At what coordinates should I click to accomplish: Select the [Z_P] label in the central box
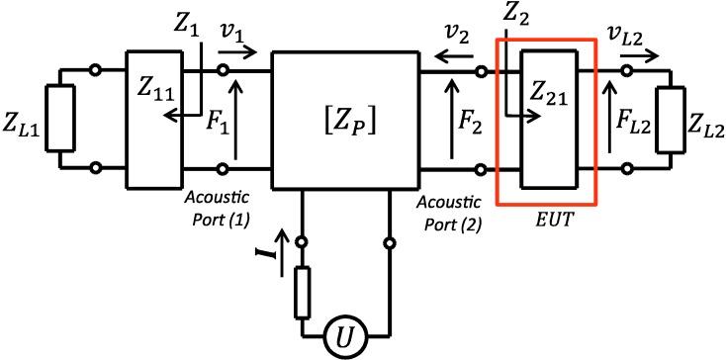click(345, 123)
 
